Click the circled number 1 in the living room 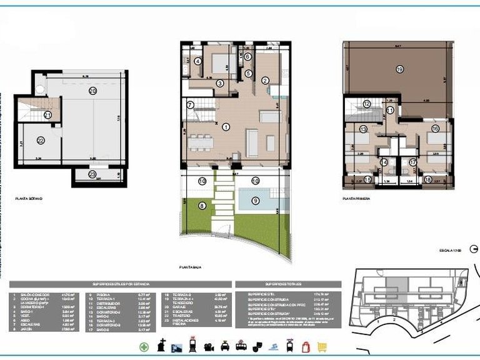(226, 126)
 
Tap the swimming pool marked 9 (255, 201)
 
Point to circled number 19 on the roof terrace (399, 71)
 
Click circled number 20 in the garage (92, 91)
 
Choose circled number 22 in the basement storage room (41, 141)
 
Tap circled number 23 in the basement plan (92, 175)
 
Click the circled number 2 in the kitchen (264, 80)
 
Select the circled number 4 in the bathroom (198, 61)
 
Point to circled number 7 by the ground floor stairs (191, 105)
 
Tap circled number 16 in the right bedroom (434, 129)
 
